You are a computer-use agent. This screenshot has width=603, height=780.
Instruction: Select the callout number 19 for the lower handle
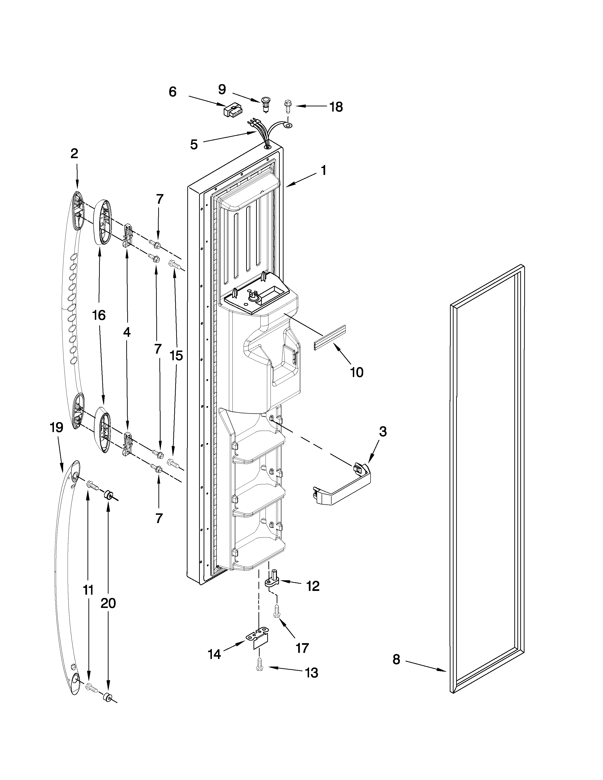[57, 428]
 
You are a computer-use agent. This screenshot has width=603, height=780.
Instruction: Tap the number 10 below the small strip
[357, 373]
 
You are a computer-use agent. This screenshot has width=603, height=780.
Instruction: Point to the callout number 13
[311, 673]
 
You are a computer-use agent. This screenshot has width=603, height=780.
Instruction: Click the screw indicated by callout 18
[287, 105]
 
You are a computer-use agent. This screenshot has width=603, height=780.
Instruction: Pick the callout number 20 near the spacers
[108, 603]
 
